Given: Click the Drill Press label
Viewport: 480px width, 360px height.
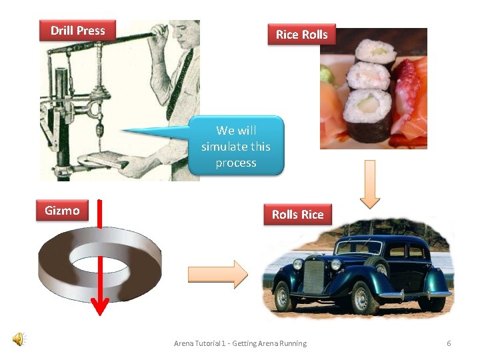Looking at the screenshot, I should [77, 31].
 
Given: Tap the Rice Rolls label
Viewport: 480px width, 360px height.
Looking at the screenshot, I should [302, 35].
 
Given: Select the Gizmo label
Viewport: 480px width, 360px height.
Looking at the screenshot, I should [62, 211].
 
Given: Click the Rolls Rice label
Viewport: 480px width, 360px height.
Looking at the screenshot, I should [297, 215].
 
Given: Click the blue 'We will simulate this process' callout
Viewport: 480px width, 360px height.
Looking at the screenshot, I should [236, 146].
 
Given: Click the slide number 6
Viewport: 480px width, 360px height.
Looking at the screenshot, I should [449, 343].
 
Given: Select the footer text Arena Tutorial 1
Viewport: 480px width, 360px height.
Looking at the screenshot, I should [240, 343].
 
